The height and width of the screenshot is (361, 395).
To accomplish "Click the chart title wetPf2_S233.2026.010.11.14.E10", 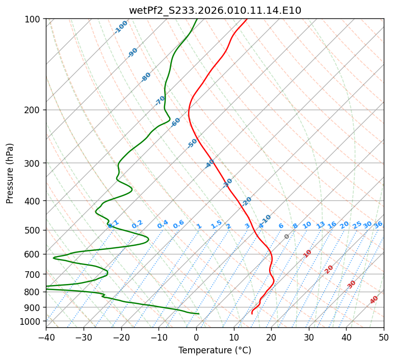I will pos(215,10).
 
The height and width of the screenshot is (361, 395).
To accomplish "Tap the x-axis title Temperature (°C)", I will pos(215,350).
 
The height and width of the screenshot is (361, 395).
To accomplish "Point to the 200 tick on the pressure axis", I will pos(34,110).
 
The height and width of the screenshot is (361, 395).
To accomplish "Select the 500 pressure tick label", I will pos(34,230).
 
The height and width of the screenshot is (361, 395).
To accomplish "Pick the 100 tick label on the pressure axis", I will pos(34,19).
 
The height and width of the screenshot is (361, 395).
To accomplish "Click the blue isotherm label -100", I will pos(121,27).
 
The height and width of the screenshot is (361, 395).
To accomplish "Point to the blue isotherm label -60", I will pos(176,122).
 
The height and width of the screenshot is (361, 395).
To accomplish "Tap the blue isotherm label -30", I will pos(228,183).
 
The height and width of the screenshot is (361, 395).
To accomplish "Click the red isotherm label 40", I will pos(374,300).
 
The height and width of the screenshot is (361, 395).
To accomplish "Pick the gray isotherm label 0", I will pos(287,237).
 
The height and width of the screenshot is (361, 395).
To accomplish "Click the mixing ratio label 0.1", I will pos(114,223).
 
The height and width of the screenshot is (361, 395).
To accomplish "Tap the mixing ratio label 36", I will pos(378,224).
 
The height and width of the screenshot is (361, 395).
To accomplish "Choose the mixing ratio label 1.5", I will pos(216,224).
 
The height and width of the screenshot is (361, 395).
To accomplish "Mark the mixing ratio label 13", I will pos(321,225).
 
